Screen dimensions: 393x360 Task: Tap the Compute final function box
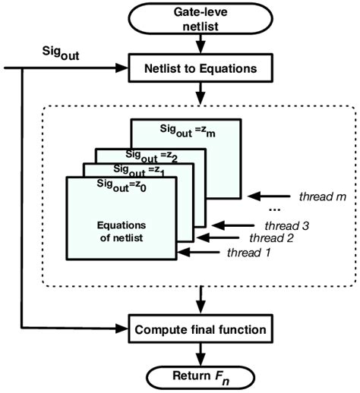click(199, 330)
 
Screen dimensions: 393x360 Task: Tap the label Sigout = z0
click(122, 184)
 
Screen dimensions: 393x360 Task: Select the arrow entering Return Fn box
click(199, 354)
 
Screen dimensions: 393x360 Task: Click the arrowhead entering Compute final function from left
click(121, 330)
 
